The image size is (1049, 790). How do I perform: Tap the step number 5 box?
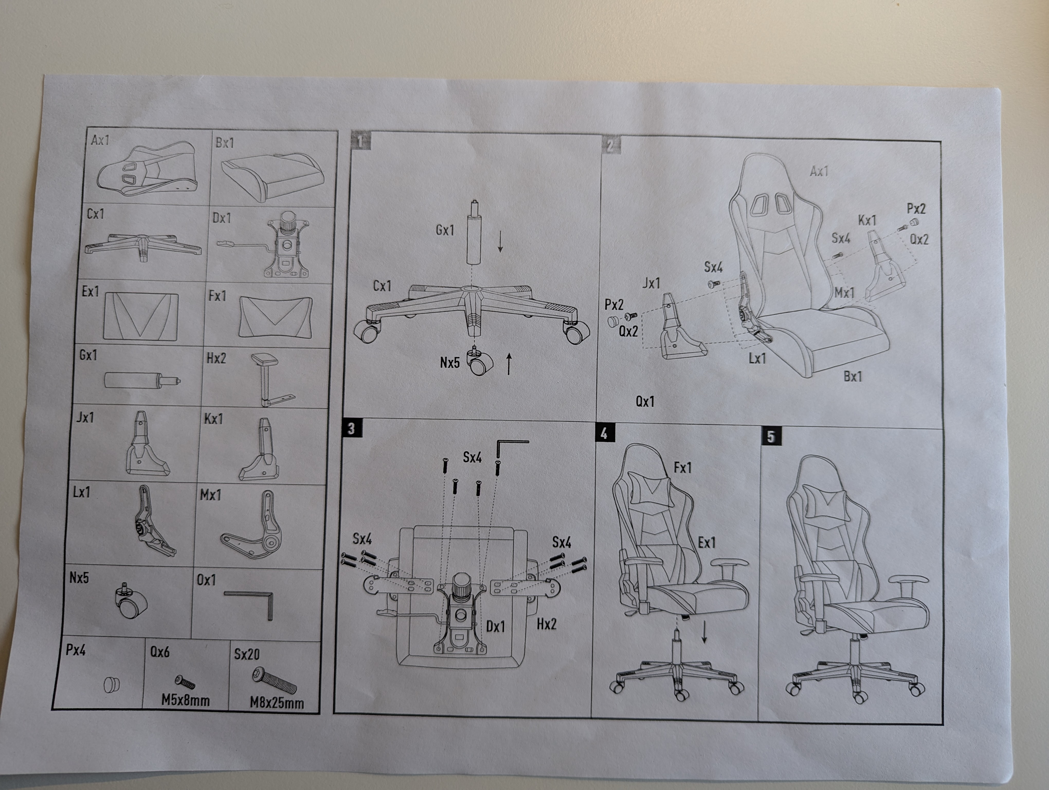(771, 436)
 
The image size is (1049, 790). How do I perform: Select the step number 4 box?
(604, 433)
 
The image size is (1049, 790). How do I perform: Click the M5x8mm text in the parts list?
(185, 700)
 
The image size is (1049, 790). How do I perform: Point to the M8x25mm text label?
(277, 702)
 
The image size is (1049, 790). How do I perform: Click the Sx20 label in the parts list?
(247, 654)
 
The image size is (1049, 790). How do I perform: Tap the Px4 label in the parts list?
(76, 650)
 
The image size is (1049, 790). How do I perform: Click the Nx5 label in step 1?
(450, 363)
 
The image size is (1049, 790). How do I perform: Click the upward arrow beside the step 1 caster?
(509, 364)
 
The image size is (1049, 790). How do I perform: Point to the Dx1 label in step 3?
(495, 626)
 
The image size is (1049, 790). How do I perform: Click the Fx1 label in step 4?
(682, 468)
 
